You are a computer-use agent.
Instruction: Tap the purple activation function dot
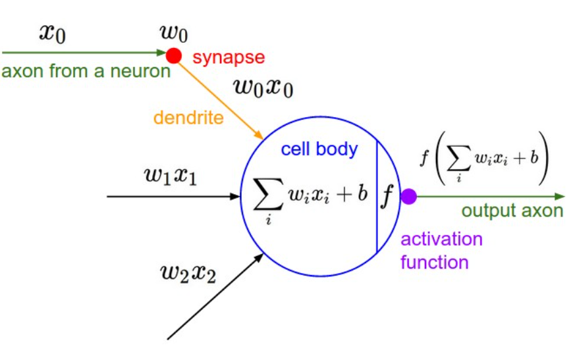coord(409,195)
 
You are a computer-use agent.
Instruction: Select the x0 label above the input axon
coord(52,34)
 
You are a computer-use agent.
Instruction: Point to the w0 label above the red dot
coord(174,32)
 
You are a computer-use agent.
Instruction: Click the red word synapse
coord(229,57)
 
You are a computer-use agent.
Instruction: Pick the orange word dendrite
coord(188,118)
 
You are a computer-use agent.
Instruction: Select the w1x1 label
coord(170,176)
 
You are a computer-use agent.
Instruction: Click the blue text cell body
coord(319,149)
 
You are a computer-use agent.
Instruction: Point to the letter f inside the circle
coord(387,195)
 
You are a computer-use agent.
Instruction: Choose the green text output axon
coord(512,211)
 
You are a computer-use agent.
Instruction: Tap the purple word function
coord(434,262)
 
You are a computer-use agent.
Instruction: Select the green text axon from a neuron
coord(86,70)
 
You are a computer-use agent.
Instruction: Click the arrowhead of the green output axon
coord(560,196)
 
